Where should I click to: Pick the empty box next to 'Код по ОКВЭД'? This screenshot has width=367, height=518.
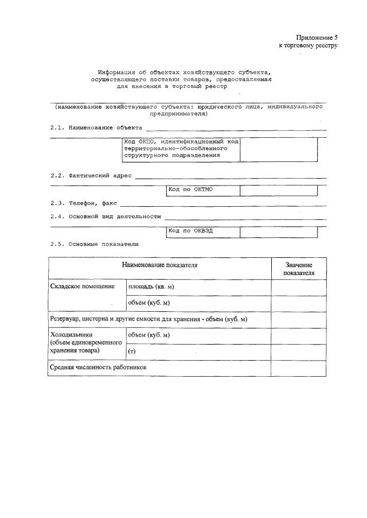pyautogui.click(x=278, y=232)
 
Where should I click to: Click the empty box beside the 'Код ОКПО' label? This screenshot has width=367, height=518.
pyautogui.click(x=278, y=150)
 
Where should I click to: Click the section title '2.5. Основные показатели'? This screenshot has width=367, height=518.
pyautogui.click(x=94, y=244)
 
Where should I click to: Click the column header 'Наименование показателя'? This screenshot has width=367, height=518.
pyautogui.click(x=159, y=265)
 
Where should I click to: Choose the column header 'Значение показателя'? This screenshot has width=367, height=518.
pyautogui.click(x=299, y=269)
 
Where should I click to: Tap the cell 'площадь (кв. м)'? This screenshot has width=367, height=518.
pyautogui.click(x=151, y=286)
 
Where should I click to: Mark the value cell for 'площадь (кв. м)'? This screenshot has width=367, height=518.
pyautogui.click(x=299, y=287)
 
